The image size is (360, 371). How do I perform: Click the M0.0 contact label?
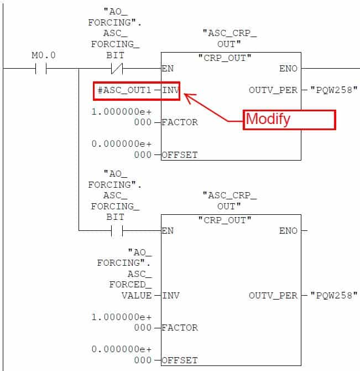pyautogui.click(x=44, y=55)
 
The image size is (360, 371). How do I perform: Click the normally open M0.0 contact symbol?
pyautogui.click(x=40, y=69)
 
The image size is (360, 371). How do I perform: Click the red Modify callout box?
pyautogui.click(x=290, y=120)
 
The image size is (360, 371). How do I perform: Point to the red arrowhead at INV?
pyautogui.click(x=187, y=96)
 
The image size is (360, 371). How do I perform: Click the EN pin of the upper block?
pyautogui.click(x=168, y=69)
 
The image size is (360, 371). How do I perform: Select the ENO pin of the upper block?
pyautogui.click(x=288, y=69)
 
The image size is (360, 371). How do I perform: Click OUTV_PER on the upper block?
pyautogui.click(x=273, y=90)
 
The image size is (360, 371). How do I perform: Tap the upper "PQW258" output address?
pyautogui.click(x=334, y=90)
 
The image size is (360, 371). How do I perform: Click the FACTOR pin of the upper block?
pyautogui.click(x=179, y=122)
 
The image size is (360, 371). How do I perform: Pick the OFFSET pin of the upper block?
pyautogui.click(x=179, y=154)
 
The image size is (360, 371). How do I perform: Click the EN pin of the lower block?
pyautogui.click(x=168, y=230)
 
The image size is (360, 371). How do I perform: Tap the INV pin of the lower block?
pyautogui.click(x=170, y=296)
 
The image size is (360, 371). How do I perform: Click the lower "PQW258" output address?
pyautogui.click(x=334, y=296)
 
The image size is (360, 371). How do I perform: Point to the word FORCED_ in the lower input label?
pyautogui.click(x=131, y=285)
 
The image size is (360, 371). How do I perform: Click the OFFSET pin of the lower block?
pyautogui.click(x=179, y=360)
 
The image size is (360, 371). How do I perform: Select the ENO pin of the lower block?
pyautogui.click(x=288, y=230)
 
